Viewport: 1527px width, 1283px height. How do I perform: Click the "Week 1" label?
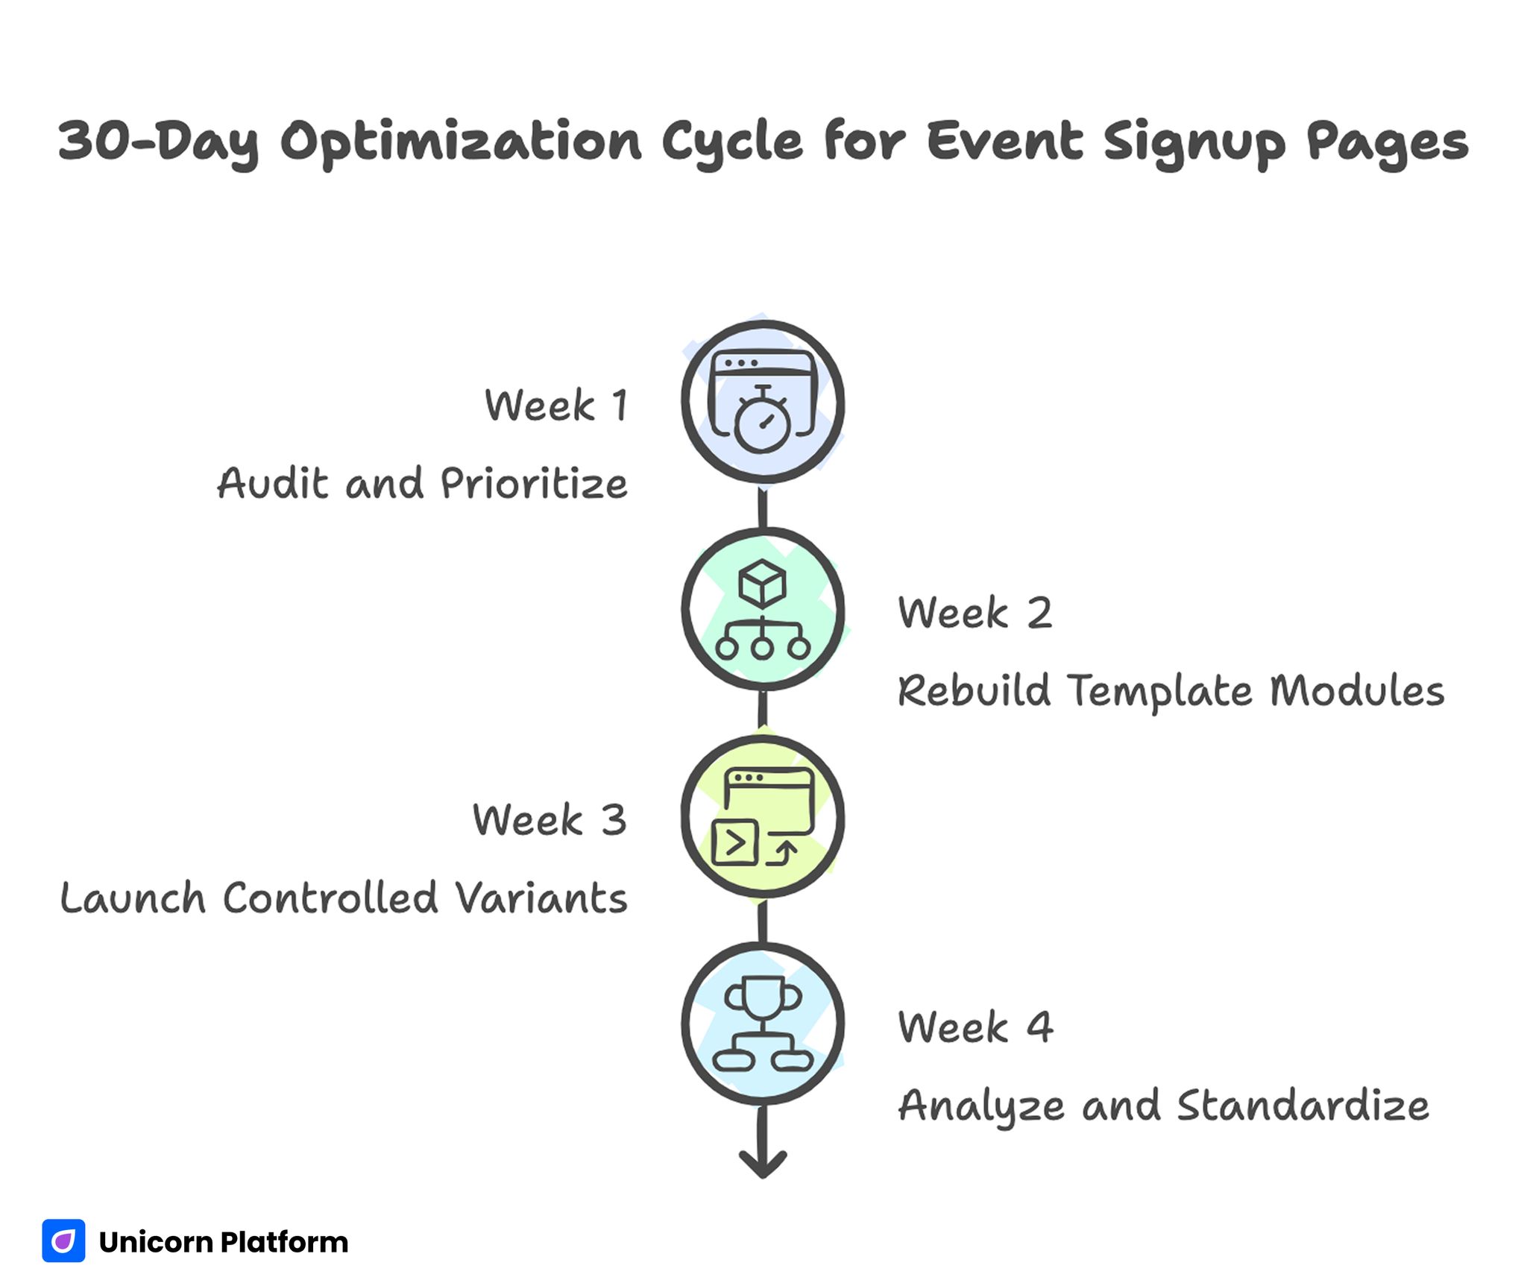(x=556, y=406)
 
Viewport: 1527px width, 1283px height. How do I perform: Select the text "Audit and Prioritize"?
(x=422, y=483)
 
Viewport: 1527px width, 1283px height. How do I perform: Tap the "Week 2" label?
(x=975, y=613)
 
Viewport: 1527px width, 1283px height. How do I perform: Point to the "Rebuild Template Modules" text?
(x=1171, y=690)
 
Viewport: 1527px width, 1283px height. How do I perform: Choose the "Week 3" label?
(x=550, y=820)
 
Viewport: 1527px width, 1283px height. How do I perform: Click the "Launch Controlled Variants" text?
(x=344, y=898)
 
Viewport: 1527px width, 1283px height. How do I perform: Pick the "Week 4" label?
(x=975, y=1027)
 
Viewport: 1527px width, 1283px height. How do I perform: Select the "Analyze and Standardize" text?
(x=1163, y=1105)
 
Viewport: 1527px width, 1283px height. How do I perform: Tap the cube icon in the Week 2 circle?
(x=762, y=584)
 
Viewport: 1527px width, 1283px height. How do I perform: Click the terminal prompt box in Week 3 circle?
(x=735, y=843)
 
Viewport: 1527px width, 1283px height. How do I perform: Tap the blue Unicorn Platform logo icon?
(x=63, y=1241)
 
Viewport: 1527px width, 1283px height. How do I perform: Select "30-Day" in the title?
(x=159, y=142)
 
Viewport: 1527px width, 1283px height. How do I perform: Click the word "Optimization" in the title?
(x=461, y=142)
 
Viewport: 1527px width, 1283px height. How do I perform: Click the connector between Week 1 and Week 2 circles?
(x=762, y=507)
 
